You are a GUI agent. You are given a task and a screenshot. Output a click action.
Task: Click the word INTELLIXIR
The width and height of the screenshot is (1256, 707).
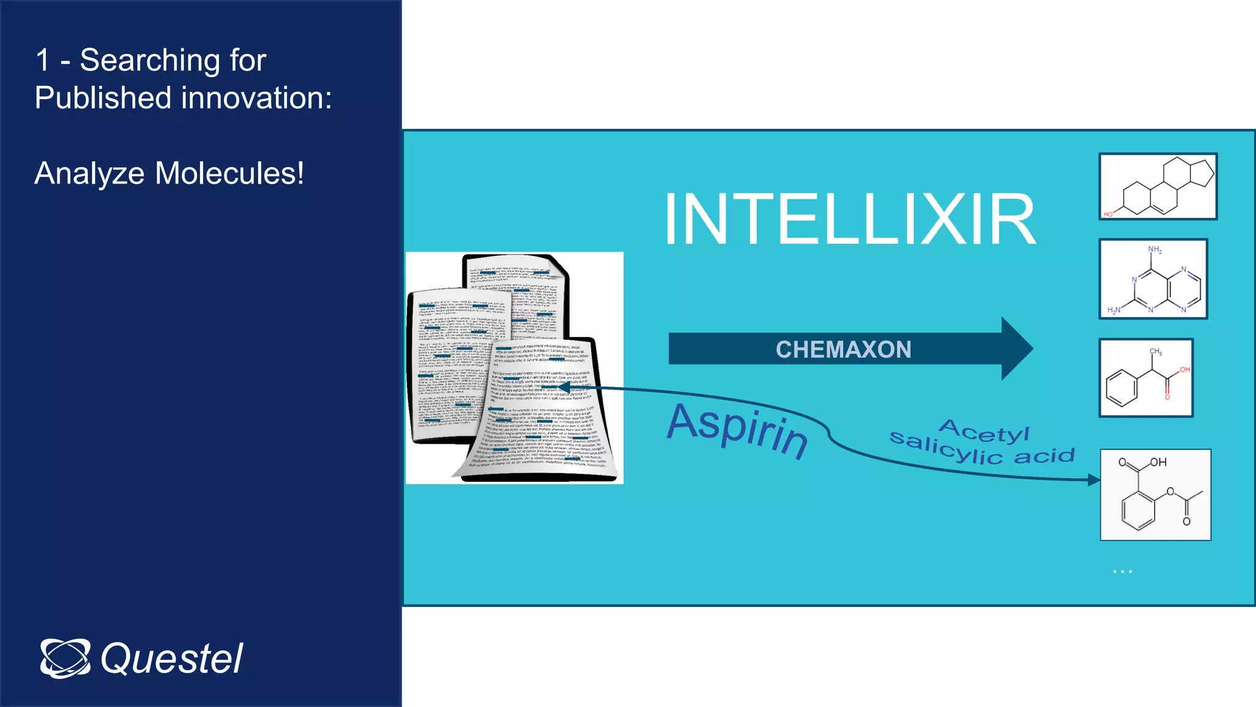click(x=850, y=219)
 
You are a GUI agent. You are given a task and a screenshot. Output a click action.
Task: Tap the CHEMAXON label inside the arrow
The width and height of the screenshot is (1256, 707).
click(x=843, y=349)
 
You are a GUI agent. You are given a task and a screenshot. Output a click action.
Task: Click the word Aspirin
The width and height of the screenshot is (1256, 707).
click(x=738, y=430)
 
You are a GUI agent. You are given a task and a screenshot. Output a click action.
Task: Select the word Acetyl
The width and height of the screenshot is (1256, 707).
click(x=984, y=431)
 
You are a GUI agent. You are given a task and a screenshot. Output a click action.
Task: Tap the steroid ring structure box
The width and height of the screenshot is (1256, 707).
click(x=1158, y=187)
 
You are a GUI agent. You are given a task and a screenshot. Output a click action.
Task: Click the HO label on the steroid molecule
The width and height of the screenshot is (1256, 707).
click(x=1108, y=214)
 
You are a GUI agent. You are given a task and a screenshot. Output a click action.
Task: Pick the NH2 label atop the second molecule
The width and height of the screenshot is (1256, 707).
click(x=1155, y=250)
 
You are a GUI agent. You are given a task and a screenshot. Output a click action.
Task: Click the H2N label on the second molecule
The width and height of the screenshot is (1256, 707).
click(x=1114, y=310)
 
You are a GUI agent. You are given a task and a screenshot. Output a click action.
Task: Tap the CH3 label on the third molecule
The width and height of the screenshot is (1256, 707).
click(x=1155, y=352)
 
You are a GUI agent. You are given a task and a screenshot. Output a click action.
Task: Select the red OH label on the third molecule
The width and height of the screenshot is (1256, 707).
click(x=1184, y=369)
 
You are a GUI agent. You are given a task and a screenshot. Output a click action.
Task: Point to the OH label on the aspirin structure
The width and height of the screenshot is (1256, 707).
click(x=1158, y=462)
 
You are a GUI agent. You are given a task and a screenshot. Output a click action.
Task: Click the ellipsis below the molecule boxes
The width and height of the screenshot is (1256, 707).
click(x=1122, y=572)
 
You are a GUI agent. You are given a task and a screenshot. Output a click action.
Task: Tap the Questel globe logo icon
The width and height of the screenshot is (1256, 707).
click(x=65, y=659)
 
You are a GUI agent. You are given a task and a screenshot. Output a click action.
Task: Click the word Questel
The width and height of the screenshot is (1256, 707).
click(x=172, y=659)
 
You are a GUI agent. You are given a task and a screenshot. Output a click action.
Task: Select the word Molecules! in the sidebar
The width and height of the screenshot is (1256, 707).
click(x=229, y=173)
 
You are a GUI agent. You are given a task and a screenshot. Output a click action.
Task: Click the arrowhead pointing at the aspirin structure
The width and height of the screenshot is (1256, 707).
click(x=1093, y=480)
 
